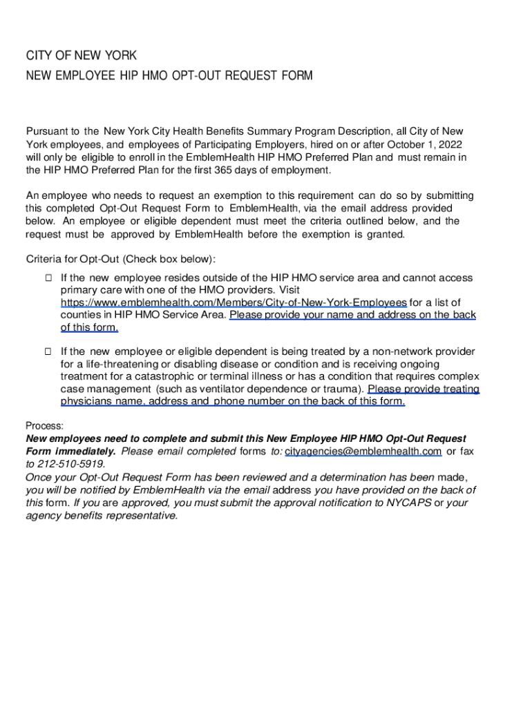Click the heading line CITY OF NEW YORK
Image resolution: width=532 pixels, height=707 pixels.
82,55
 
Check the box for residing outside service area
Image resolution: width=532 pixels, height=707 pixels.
48,278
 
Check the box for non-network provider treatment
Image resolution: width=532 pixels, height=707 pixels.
48,351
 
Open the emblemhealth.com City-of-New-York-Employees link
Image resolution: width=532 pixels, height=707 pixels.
234,302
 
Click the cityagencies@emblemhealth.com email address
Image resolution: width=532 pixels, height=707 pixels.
363,452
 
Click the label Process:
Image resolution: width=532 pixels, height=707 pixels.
45,426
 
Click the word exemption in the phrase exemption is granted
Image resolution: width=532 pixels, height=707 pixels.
311,234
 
